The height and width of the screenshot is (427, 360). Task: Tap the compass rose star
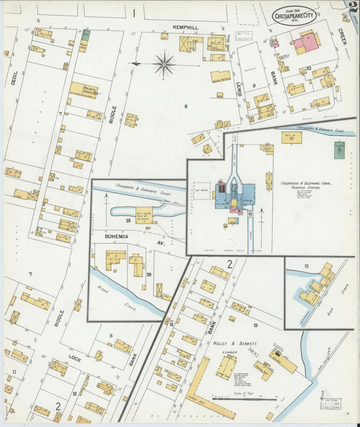(x=164, y=64)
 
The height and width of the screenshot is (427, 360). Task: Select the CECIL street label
(x=13, y=80)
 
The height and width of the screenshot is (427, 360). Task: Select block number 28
(x=128, y=220)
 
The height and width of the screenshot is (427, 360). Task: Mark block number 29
(x=149, y=275)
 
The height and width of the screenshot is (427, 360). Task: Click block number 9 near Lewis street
(x=254, y=85)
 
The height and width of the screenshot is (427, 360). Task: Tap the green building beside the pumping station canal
(x=340, y=150)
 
